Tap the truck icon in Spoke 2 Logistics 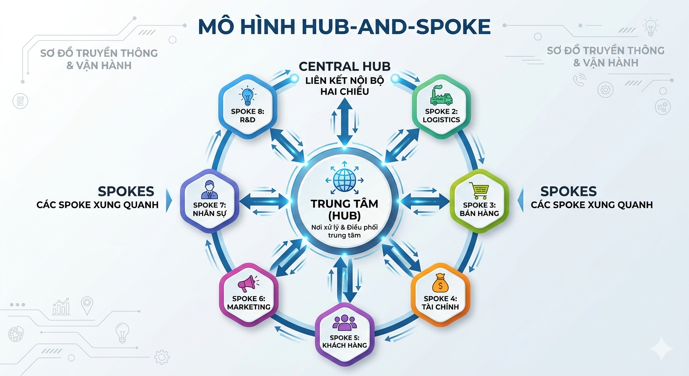[441, 96]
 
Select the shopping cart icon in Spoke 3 [479, 190]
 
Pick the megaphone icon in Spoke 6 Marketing [248, 284]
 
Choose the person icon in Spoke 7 [209, 189]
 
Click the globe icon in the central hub [345, 180]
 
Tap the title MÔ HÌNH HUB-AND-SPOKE [344, 27]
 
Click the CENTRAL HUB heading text [344, 67]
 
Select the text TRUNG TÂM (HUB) [344, 210]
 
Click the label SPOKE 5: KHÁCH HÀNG [344, 341]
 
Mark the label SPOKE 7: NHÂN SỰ [209, 209]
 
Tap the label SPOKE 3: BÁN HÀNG [480, 209]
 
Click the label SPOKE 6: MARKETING [249, 303]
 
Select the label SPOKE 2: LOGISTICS [441, 116]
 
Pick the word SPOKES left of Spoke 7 [126, 191]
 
